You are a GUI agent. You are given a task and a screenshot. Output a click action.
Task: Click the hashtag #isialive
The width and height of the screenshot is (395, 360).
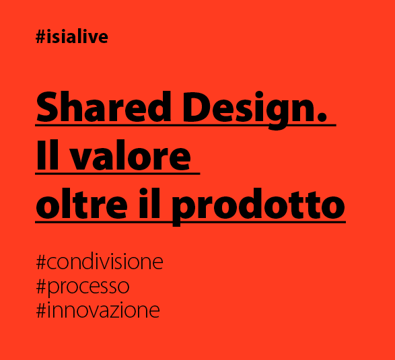[x=72, y=37]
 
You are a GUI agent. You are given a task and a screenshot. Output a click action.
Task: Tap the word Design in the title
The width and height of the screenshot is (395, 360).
[x=239, y=108]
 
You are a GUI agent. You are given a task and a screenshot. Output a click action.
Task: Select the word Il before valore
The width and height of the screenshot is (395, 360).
[x=50, y=156]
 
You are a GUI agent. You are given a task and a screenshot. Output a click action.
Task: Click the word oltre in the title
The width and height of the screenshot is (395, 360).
[x=81, y=205]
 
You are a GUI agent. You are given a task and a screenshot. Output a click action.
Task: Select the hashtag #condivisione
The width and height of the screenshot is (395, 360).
[x=99, y=262]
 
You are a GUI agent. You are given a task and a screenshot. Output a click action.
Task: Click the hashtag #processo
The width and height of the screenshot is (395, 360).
[x=82, y=287]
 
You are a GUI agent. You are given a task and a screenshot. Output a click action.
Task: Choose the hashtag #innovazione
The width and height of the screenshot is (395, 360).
[x=98, y=310]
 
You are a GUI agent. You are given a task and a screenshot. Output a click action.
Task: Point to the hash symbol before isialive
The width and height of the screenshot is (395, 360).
[x=40, y=37]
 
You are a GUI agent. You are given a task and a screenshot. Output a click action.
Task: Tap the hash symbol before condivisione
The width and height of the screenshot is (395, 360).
[x=41, y=262]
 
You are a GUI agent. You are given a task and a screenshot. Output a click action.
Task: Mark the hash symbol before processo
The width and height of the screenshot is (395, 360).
[x=41, y=286]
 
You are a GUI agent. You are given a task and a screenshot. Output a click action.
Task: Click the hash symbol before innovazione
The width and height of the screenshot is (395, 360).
[x=41, y=310]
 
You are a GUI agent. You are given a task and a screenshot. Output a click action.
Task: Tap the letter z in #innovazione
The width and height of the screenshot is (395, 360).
[x=128, y=312]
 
